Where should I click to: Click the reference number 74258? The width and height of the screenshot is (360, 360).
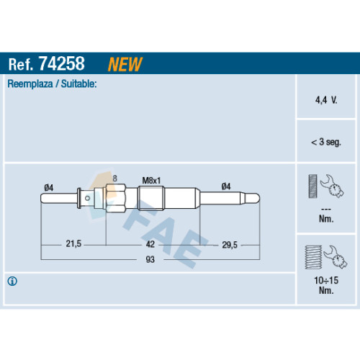(x=62, y=63)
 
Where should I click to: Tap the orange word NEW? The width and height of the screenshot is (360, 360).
(x=125, y=64)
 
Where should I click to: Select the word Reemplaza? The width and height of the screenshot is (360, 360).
(x=30, y=84)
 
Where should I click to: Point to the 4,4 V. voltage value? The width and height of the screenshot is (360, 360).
(x=326, y=100)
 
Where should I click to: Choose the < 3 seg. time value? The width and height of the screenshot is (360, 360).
(x=326, y=142)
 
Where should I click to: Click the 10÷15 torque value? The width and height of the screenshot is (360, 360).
(x=326, y=280)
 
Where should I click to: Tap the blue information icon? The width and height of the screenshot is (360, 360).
(x=12, y=281)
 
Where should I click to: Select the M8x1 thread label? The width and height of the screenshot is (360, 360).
(x=151, y=181)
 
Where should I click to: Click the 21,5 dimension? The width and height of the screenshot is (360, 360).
(x=73, y=244)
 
